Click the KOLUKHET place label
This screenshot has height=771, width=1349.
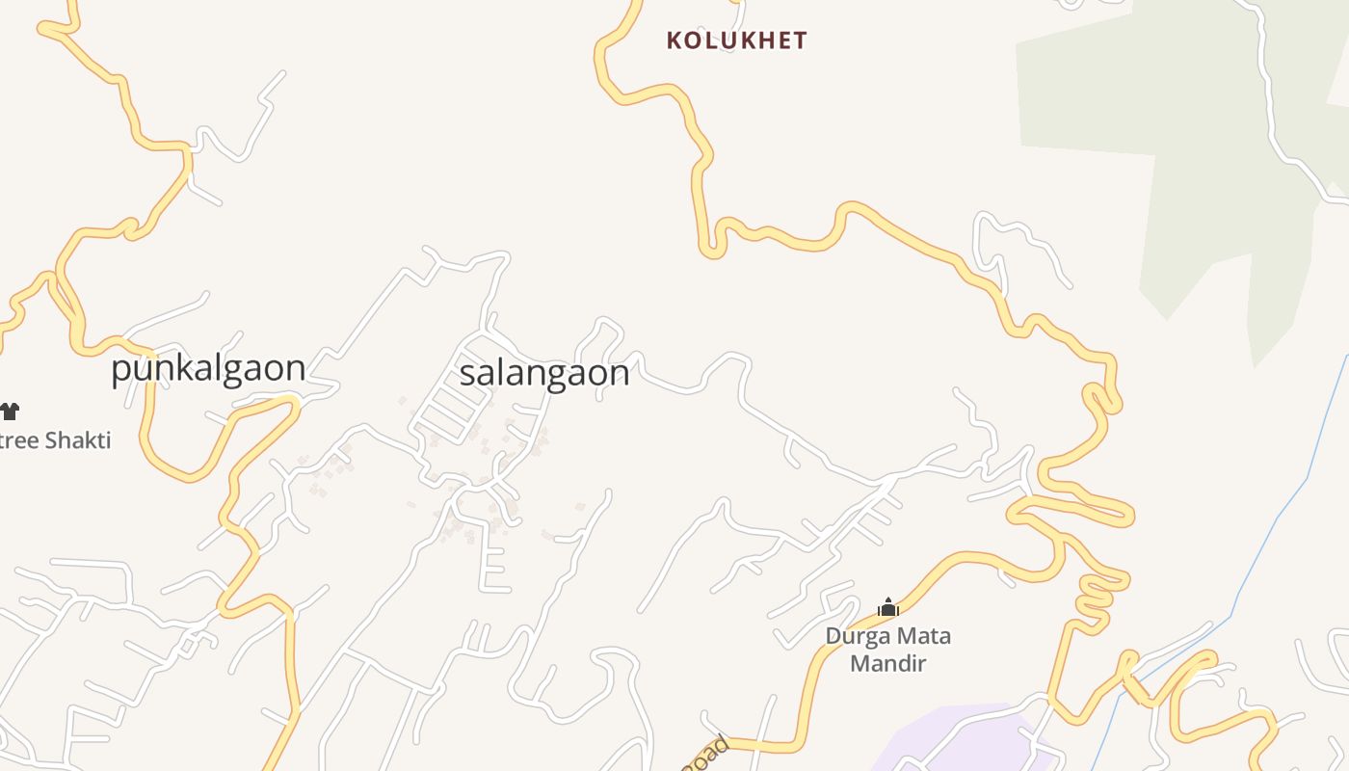[737, 40]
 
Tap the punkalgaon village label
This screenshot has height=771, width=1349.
[208, 369]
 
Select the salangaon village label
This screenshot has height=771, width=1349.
[544, 373]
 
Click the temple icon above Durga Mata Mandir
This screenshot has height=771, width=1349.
[887, 607]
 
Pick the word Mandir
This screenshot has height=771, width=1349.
[887, 664]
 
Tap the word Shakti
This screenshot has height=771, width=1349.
[77, 441]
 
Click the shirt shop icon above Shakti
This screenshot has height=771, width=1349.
[10, 412]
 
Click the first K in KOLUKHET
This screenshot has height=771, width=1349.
[674, 40]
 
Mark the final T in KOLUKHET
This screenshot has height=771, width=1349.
[801, 40]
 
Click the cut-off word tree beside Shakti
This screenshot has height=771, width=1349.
[19, 441]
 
